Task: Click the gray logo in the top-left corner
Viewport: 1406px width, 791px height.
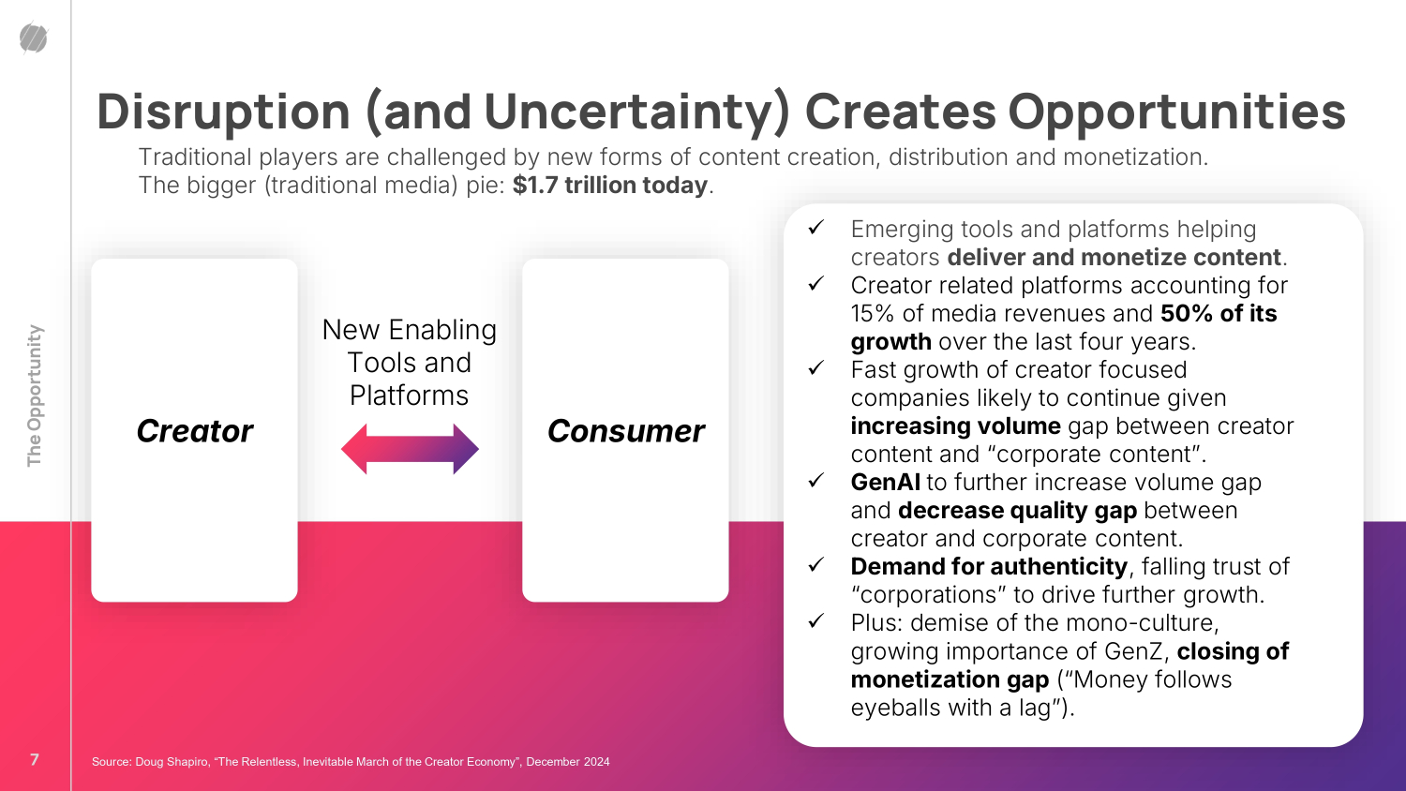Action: click(33, 37)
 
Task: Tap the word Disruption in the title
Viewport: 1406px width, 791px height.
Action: click(223, 112)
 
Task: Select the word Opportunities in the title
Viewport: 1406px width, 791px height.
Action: click(1177, 112)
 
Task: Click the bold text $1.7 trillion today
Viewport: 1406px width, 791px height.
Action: click(610, 186)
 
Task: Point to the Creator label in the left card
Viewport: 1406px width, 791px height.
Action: click(195, 431)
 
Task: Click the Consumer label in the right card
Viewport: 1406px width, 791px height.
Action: click(626, 431)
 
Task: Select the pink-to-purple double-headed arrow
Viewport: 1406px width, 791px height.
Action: click(410, 449)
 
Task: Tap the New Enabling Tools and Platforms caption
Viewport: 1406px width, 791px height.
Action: click(410, 362)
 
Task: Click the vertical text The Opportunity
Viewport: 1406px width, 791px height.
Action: click(35, 395)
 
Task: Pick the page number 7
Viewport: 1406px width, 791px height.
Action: click(35, 760)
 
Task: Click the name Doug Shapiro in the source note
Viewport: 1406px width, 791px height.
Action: click(172, 762)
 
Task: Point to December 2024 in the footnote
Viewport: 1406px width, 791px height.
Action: click(567, 762)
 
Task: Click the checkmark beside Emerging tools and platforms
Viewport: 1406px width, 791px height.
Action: click(816, 227)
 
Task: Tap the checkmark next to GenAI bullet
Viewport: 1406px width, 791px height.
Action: click(816, 481)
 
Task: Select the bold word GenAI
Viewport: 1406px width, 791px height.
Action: click(885, 482)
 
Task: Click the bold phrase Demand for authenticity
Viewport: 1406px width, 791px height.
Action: click(989, 567)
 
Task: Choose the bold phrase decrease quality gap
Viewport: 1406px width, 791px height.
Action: click(1017, 511)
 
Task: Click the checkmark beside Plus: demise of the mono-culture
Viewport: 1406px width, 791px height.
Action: click(816, 621)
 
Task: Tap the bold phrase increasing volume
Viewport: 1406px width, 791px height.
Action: click(956, 426)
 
